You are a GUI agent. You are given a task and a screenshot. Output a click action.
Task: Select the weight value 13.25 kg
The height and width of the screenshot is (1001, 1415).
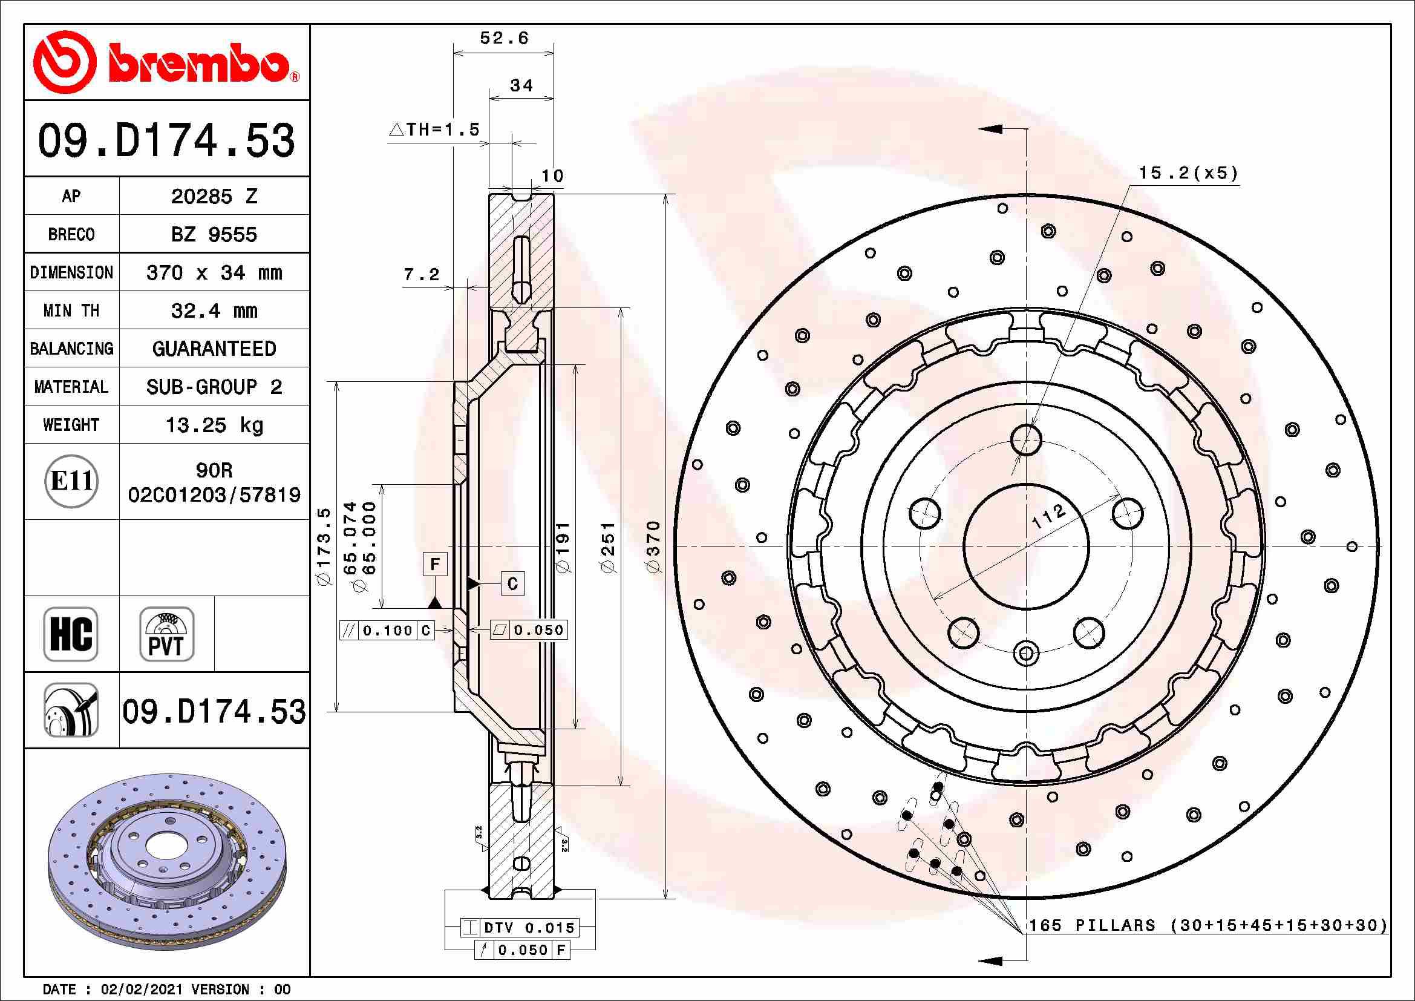[x=214, y=425]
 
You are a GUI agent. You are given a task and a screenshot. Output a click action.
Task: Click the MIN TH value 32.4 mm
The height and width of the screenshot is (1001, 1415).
[x=214, y=310]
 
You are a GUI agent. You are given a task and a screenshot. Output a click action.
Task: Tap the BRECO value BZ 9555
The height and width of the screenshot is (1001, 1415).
[x=214, y=235]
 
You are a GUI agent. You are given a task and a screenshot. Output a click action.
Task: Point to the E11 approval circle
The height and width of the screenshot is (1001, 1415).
[x=71, y=481]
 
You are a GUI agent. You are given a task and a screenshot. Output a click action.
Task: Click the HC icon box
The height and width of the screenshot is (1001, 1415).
[x=71, y=634]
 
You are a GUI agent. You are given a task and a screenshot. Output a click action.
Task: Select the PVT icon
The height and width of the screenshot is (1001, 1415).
[x=166, y=634]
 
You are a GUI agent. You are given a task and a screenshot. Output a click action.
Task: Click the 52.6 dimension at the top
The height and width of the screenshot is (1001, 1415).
[x=503, y=38]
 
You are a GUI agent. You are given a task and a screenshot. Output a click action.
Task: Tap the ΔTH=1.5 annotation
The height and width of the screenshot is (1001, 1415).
[x=434, y=130]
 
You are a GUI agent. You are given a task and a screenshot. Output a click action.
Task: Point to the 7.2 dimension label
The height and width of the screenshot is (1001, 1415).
[x=422, y=274]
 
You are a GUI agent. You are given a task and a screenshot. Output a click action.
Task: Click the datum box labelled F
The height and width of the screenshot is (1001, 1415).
[x=435, y=564]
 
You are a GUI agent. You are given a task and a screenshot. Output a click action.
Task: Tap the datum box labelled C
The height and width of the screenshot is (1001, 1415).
[x=513, y=583]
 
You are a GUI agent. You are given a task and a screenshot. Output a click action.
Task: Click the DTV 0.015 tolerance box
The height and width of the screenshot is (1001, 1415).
[x=528, y=928]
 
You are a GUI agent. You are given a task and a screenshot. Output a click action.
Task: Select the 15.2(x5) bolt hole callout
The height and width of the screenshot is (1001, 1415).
[x=1188, y=173]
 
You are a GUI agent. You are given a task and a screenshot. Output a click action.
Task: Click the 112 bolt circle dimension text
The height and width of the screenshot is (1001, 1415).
[x=1048, y=516]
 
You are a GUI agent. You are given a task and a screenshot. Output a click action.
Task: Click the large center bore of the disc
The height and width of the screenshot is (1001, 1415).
[x=1026, y=546]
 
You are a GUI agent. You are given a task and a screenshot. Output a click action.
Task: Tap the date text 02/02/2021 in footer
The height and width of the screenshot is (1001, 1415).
[x=142, y=990]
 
